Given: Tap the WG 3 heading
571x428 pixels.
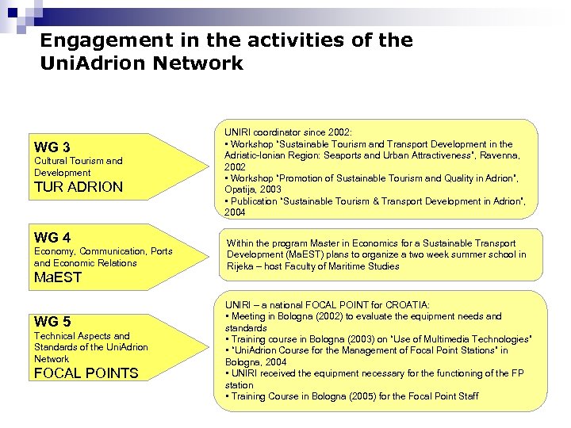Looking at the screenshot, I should [x=52, y=147].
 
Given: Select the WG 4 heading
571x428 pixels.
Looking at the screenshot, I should [x=52, y=237].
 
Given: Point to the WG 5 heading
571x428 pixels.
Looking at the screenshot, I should [x=52, y=321].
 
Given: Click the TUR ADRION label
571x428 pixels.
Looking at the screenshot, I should [x=79, y=187].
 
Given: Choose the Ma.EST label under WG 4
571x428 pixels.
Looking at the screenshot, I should [x=59, y=278].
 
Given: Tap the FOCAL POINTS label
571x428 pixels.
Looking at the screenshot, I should [x=86, y=373].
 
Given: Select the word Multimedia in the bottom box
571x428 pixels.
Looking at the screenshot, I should [x=450, y=338].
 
